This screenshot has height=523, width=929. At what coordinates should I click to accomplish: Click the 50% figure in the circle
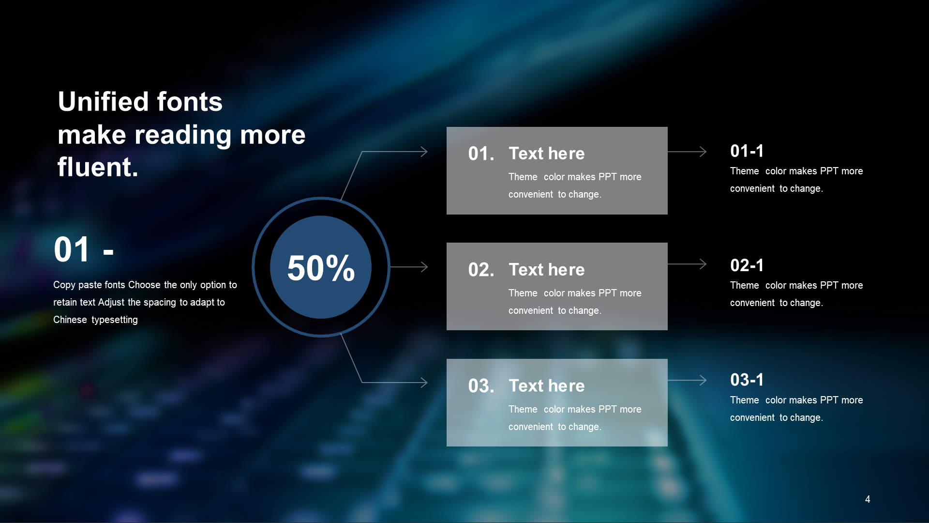click(321, 268)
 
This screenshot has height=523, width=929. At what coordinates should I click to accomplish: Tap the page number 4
click(868, 499)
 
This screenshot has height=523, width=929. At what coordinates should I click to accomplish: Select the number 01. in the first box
click(481, 154)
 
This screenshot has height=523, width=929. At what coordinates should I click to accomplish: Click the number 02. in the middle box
click(481, 270)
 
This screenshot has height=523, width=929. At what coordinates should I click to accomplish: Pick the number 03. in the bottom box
click(481, 386)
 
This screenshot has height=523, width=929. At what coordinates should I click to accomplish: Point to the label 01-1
click(747, 151)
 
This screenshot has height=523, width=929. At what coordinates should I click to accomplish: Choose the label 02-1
click(747, 265)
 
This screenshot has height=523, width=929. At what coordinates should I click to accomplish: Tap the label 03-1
click(747, 380)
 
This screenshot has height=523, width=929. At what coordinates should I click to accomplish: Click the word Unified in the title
click(103, 102)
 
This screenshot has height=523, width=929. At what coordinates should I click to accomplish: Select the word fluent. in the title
click(98, 167)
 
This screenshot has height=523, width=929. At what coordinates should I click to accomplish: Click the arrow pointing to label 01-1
click(687, 152)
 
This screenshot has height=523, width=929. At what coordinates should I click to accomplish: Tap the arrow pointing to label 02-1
click(687, 264)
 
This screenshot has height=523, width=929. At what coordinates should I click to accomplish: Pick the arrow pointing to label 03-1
click(687, 380)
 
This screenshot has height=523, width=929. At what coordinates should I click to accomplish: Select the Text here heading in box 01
click(547, 154)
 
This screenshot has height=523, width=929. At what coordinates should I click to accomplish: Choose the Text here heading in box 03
click(547, 386)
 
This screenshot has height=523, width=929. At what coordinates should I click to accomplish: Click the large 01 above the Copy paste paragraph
click(72, 250)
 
